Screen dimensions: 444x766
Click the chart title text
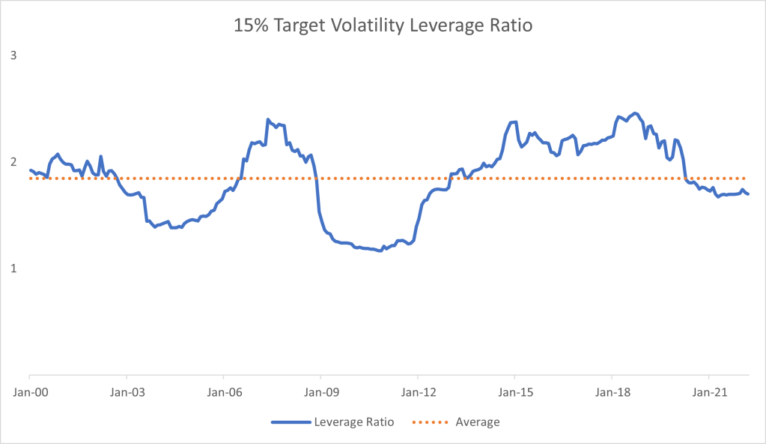click(x=383, y=25)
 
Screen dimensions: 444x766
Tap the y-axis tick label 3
click(x=13, y=56)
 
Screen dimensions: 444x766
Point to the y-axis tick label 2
click(x=13, y=162)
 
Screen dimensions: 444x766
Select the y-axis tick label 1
click(x=13, y=268)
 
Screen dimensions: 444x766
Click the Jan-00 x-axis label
click(x=29, y=391)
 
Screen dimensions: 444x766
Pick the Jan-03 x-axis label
click(x=127, y=391)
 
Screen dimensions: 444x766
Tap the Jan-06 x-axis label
click(x=223, y=391)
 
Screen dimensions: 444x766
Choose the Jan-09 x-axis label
click(x=320, y=391)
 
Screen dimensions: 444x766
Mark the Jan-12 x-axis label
click(x=417, y=391)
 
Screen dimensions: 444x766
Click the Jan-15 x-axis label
click(x=514, y=391)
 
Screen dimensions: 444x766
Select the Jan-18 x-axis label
click(x=612, y=391)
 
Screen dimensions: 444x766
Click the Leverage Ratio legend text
click(x=355, y=422)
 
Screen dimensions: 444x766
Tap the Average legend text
click(x=477, y=422)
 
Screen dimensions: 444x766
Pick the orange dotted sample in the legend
click(x=430, y=422)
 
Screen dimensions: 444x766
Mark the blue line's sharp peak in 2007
click(x=267, y=119)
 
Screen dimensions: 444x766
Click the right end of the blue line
click(x=748, y=194)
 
